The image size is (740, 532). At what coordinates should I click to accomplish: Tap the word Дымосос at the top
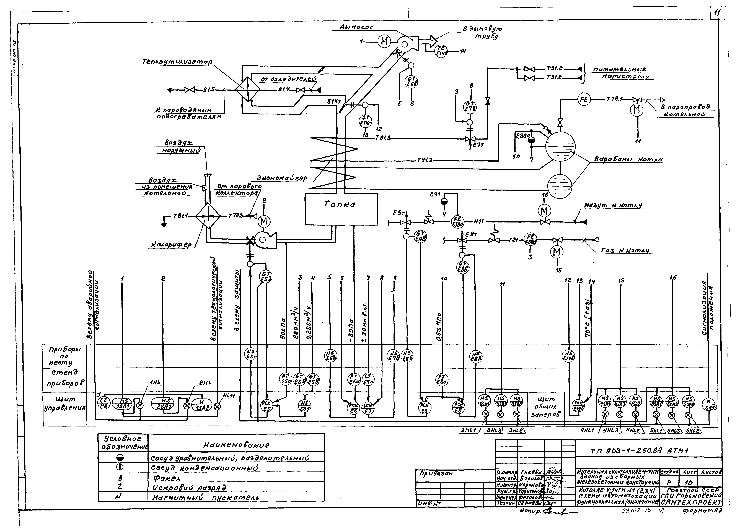(x=356, y=28)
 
